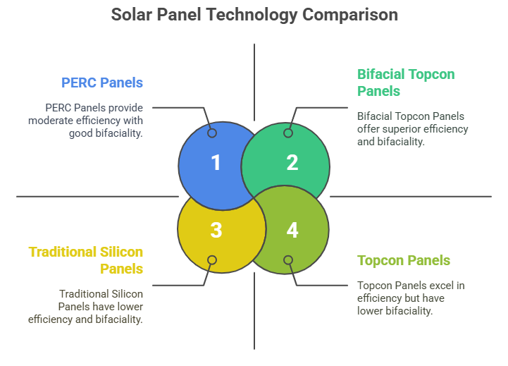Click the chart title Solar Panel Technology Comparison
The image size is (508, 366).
(254, 14)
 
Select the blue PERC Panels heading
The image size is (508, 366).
(102, 83)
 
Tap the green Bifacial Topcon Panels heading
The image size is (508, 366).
(405, 83)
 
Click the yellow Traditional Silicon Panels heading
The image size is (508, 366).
(86, 260)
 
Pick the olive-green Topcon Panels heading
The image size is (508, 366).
(403, 260)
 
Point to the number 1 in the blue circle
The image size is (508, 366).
(216, 163)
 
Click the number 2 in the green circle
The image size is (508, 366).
(292, 163)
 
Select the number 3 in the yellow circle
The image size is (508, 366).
(216, 230)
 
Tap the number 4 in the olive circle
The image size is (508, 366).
(292, 230)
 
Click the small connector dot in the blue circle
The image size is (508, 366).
(212, 133)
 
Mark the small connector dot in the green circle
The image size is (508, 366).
(288, 133)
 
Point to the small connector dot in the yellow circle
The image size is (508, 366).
(212, 260)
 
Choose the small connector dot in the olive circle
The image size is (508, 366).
(288, 260)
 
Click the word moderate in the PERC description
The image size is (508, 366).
(51, 121)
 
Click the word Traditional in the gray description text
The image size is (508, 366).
(85, 293)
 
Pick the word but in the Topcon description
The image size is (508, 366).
(416, 298)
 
